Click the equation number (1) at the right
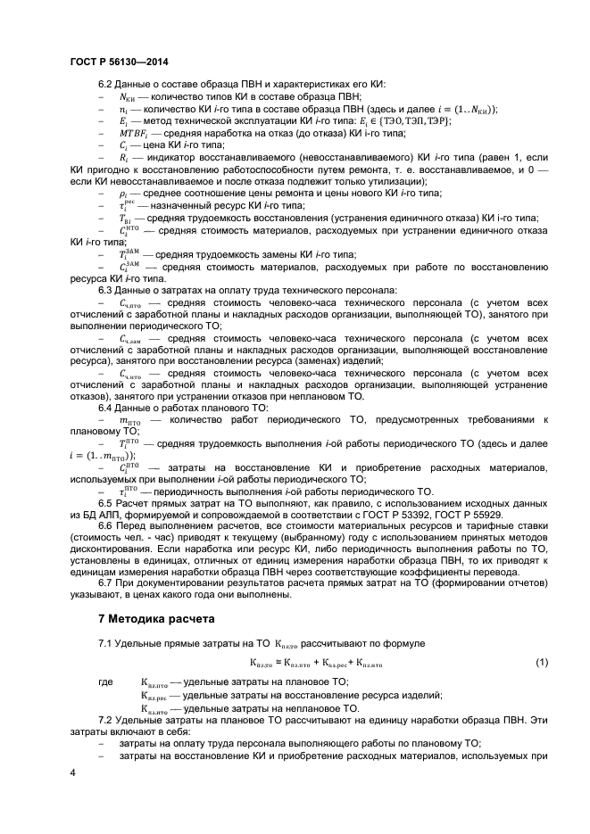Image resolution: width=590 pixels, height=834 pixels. point(542,662)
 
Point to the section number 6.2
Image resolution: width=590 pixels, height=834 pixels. point(105,84)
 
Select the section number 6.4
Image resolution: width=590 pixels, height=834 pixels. point(105,407)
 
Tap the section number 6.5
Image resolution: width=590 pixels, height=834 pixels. point(105,503)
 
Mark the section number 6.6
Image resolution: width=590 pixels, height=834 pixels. point(105,526)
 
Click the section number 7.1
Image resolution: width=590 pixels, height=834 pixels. point(105,643)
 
